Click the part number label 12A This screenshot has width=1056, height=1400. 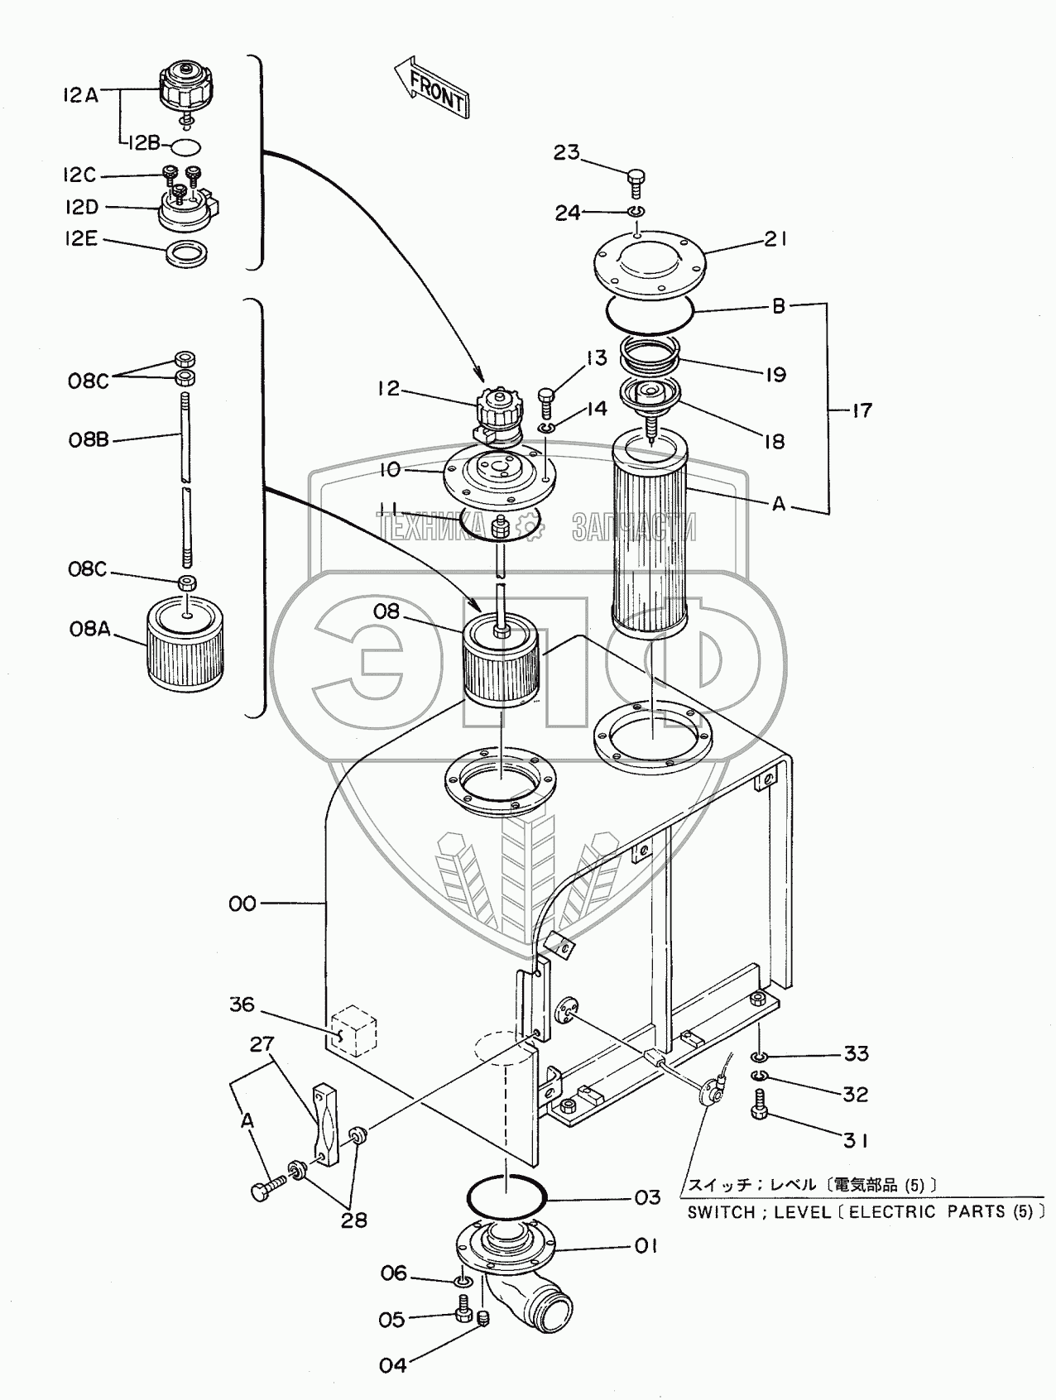[79, 95]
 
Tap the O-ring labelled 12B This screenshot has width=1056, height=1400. [185, 148]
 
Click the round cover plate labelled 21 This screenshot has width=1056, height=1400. [650, 264]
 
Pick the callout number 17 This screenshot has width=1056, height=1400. [862, 410]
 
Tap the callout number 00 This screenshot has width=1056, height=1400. [242, 904]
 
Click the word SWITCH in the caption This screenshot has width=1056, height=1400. [721, 1212]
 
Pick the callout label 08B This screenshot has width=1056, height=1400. [89, 440]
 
